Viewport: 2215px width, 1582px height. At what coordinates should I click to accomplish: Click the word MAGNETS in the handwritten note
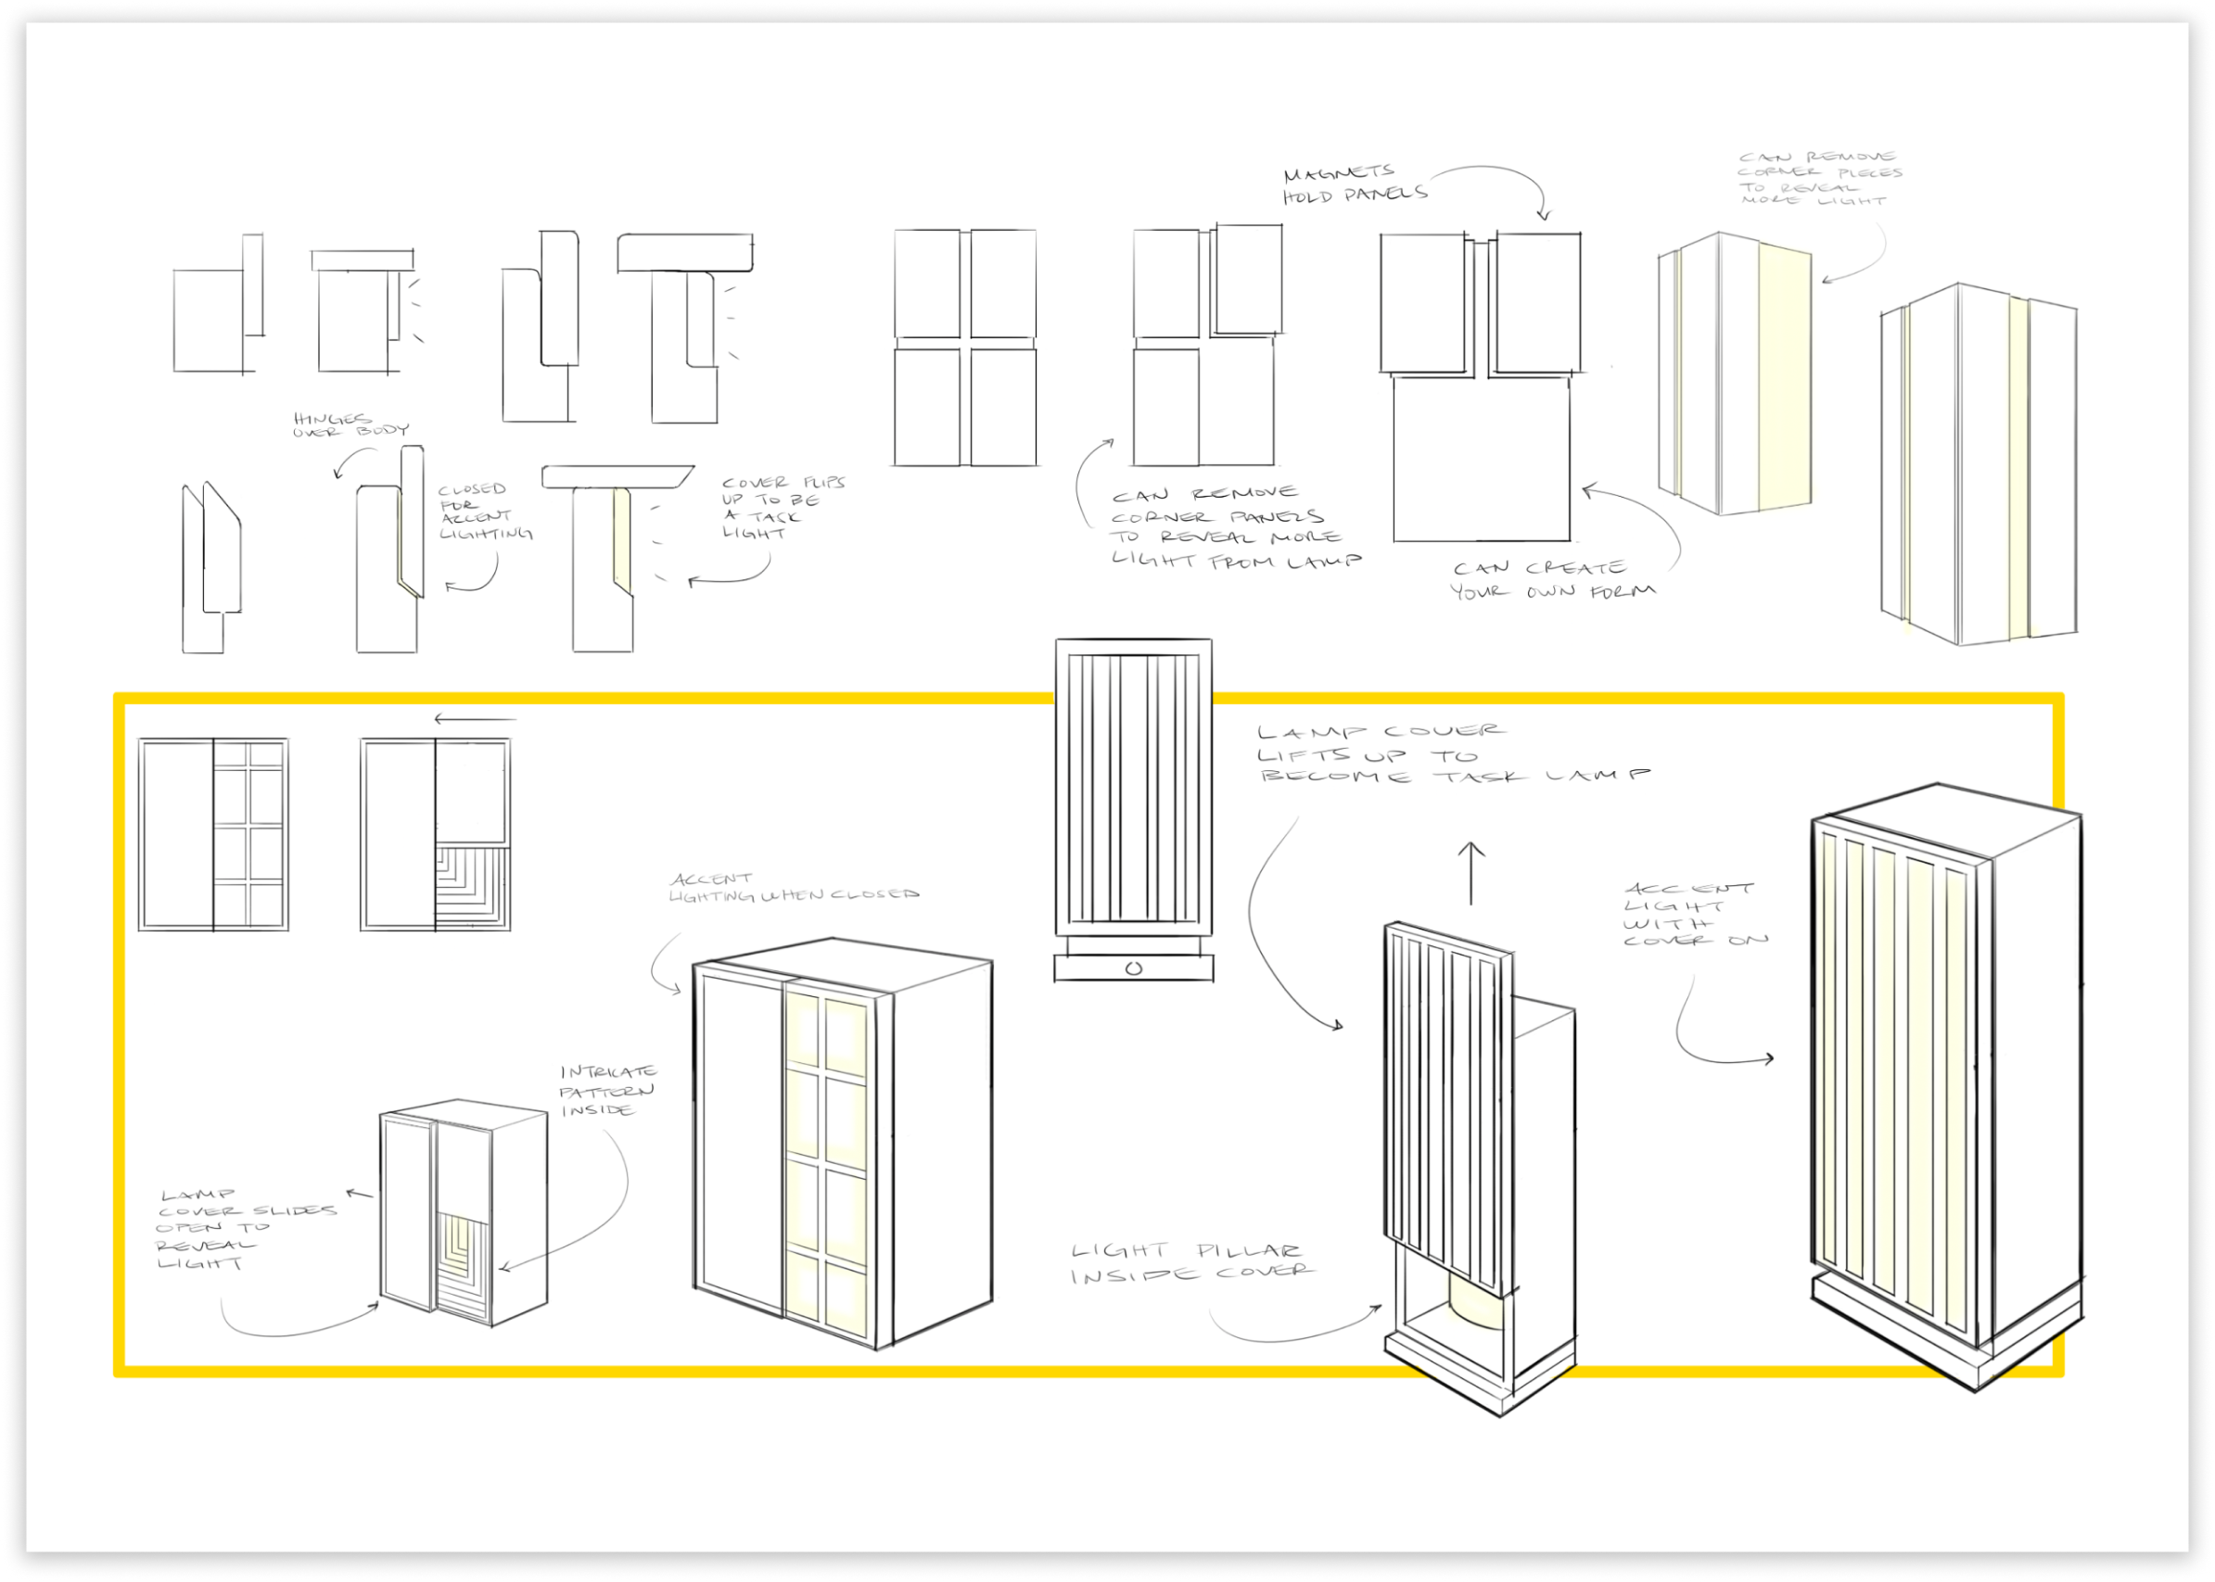click(x=1338, y=173)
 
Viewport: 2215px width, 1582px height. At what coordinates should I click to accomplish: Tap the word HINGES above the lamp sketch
click(x=331, y=419)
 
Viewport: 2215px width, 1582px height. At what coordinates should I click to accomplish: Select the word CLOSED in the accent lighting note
click(x=472, y=489)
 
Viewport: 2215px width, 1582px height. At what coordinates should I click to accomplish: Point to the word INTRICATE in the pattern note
click(x=608, y=1071)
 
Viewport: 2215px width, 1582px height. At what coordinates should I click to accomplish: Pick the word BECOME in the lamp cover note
click(x=1335, y=777)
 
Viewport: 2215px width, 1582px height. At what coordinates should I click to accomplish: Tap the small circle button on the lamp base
click(x=1132, y=968)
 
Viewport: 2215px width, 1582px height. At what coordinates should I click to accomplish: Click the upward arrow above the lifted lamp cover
click(x=1470, y=872)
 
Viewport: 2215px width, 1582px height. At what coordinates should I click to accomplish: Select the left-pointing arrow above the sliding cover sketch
click(x=474, y=720)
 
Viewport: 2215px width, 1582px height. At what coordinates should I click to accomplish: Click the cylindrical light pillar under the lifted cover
click(x=1477, y=1309)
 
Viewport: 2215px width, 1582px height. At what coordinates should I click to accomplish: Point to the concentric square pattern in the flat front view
click(x=472, y=887)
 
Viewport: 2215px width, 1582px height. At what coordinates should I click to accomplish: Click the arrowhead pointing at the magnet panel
click(x=1543, y=213)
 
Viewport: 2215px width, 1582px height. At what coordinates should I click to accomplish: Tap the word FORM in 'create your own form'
click(x=1623, y=591)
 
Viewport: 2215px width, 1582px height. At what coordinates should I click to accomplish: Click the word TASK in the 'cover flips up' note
click(x=775, y=516)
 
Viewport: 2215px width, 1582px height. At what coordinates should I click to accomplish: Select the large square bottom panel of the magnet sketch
click(x=1481, y=458)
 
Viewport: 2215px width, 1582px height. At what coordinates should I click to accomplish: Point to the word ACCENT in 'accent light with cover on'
click(x=1688, y=889)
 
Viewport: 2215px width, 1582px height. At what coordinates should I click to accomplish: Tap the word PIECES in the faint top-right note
click(x=1870, y=173)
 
